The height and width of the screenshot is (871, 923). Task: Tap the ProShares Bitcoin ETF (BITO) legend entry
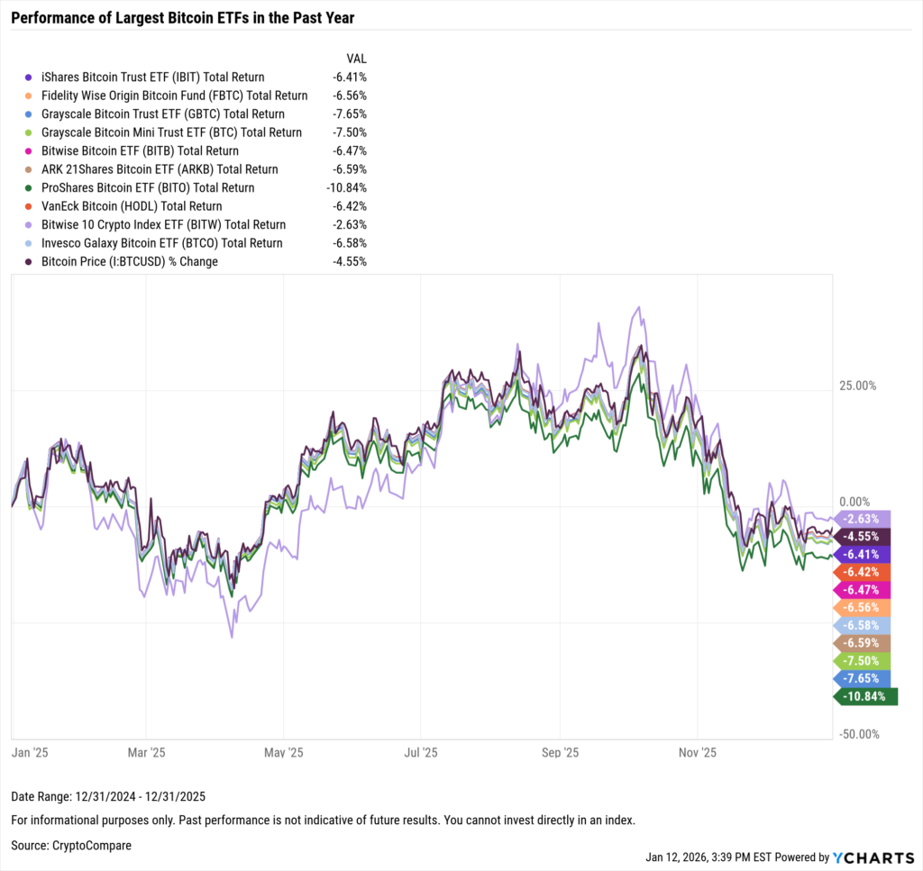[147, 188]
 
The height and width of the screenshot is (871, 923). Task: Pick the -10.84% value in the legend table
[347, 188]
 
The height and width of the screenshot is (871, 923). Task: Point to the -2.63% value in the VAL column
[349, 225]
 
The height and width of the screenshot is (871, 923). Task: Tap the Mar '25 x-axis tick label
[147, 752]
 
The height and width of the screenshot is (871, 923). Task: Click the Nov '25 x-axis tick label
[697, 752]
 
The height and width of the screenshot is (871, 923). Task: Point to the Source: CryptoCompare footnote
[72, 846]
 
